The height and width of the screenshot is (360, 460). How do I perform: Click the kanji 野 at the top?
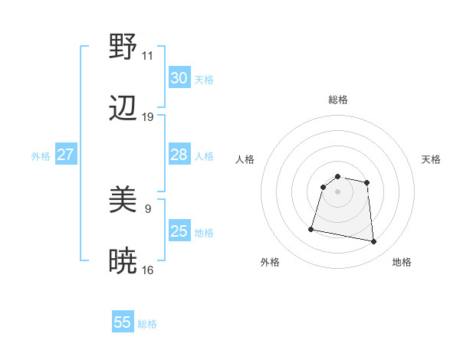pos(123,47)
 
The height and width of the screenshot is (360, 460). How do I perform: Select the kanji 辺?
pos(123,109)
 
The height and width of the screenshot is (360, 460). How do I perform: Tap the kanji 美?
pos(123,201)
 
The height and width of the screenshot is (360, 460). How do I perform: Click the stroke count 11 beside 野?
pos(148,56)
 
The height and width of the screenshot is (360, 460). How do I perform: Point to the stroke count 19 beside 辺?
pos(148,117)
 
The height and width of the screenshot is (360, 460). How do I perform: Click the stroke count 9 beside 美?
pos(148,208)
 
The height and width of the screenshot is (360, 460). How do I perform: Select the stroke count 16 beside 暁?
pos(148,270)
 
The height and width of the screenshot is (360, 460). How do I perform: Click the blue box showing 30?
pos(179,78)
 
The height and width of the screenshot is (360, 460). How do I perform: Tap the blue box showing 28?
pos(179,155)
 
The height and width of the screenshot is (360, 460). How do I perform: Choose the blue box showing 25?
pos(179,231)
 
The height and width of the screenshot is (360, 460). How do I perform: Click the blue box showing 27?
pos(66,155)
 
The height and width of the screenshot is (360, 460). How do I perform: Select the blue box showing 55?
pos(123,322)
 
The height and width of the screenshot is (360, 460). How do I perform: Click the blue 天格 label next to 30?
pos(204,80)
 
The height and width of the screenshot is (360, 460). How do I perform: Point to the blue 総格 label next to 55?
pos(147,324)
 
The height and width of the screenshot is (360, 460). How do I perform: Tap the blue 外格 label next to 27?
pos(41,156)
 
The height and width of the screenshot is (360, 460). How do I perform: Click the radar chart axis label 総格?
pos(337,100)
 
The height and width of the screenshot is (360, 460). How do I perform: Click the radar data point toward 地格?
pos(374,242)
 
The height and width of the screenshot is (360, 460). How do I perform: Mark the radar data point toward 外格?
pos(311,228)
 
